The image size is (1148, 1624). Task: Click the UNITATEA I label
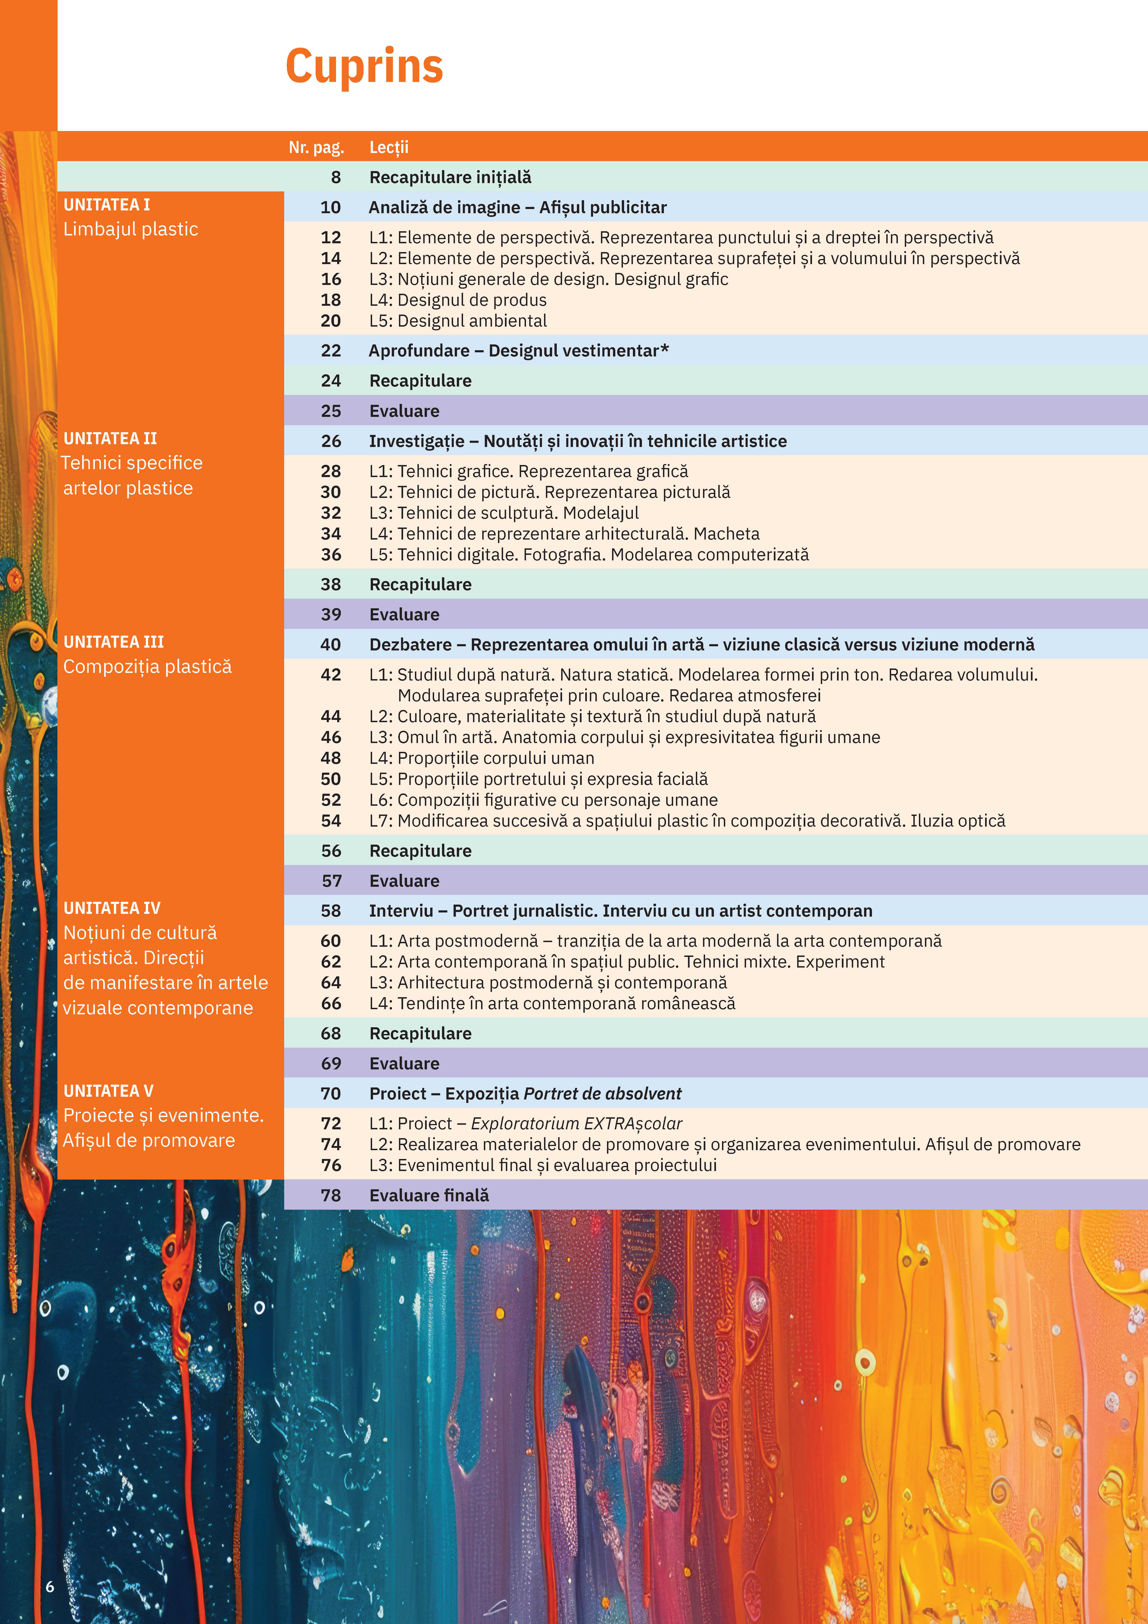[107, 204]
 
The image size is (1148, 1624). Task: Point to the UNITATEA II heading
[110, 438]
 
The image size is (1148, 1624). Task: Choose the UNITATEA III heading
[114, 642]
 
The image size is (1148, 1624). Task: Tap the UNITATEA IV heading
[112, 908]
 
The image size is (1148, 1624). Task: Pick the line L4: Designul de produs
[458, 300]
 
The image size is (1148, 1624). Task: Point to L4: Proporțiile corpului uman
[482, 758]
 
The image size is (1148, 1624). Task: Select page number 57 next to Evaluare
[331, 881]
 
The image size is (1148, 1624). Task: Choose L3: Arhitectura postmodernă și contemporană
[548, 982]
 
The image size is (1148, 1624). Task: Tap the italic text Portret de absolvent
[602, 1093]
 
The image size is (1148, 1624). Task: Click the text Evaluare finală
[429, 1195]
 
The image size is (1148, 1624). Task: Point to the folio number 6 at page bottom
[50, 1587]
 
